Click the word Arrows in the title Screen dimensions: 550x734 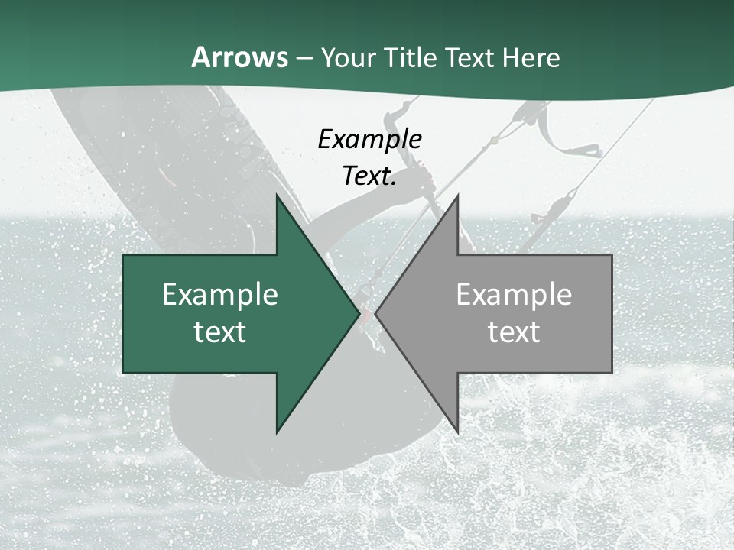click(239, 58)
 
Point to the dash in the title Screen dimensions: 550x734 click(304, 59)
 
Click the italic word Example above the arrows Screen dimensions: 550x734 click(370, 140)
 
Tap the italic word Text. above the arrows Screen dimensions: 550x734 click(370, 176)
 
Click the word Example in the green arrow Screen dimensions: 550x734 click(220, 295)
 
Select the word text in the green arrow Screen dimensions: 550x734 click(220, 332)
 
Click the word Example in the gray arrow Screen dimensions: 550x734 click(514, 295)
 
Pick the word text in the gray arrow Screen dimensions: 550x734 click(514, 332)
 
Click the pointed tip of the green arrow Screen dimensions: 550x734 click(359, 314)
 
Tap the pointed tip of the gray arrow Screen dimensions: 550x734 click(376, 314)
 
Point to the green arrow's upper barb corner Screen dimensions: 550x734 click(277, 196)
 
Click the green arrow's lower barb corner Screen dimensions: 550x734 click(277, 432)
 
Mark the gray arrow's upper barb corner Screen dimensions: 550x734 click(457, 196)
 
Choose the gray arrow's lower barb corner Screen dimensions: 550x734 click(457, 432)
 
